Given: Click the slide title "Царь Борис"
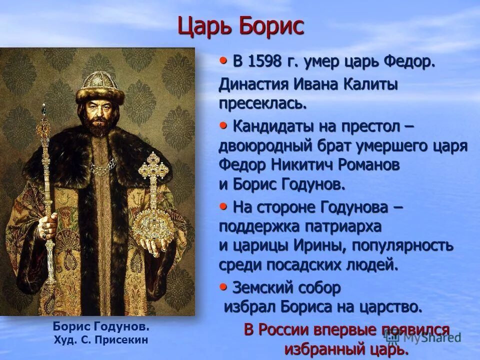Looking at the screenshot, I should coord(240,26).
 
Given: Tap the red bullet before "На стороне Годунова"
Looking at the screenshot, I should coord(223,205).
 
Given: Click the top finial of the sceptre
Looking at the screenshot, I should coord(44,110).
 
